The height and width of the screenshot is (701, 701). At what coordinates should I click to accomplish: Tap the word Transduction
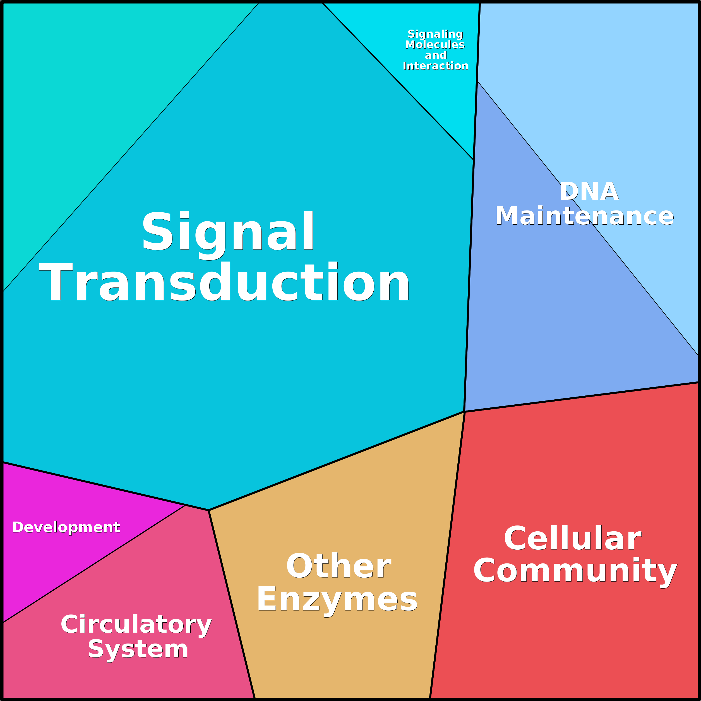click(x=225, y=282)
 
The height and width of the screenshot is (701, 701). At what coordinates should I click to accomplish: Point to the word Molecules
click(x=435, y=44)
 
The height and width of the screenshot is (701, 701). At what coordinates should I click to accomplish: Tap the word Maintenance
click(x=585, y=216)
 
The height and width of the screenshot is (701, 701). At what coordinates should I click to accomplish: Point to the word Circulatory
click(x=136, y=625)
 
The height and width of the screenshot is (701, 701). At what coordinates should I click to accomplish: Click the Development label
click(x=66, y=527)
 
